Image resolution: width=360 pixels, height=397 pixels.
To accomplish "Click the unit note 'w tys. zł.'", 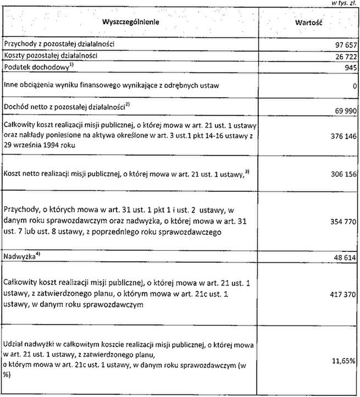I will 344,3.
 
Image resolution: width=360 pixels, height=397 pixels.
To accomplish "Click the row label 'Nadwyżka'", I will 17,256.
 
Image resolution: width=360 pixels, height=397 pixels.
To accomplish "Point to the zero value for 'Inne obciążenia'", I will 356,86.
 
